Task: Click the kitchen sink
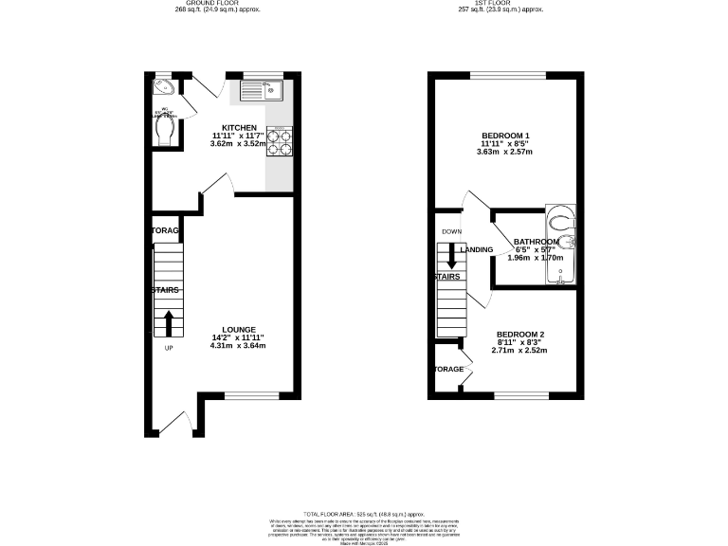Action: (257, 92)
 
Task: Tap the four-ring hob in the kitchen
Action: (279, 142)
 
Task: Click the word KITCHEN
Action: (239, 127)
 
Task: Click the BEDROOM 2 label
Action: (519, 335)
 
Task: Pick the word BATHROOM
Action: (539, 241)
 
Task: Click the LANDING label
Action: (476, 249)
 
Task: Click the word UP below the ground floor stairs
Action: (170, 347)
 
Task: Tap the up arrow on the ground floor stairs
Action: (170, 322)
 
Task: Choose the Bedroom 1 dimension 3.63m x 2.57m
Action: (505, 152)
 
